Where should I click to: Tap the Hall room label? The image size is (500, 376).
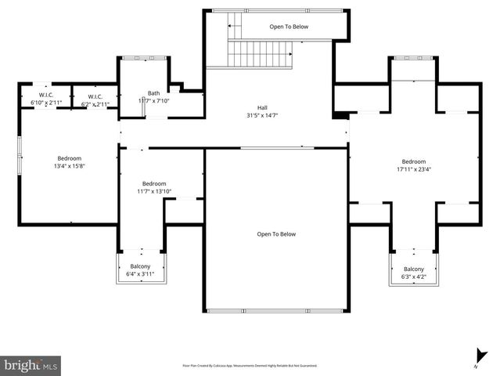(264, 107)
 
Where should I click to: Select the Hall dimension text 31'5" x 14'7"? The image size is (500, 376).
(264, 115)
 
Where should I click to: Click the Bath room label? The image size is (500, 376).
(153, 93)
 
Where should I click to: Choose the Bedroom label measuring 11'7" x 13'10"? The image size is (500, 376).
(153, 183)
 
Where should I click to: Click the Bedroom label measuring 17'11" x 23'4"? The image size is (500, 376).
(413, 161)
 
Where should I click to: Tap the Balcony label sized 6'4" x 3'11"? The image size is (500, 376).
(141, 266)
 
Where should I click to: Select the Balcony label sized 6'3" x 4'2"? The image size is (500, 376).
(413, 268)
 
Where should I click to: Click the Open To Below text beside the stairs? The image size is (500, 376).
(289, 27)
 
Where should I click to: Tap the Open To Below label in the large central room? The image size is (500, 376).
(276, 233)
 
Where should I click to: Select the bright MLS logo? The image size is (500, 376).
(31, 364)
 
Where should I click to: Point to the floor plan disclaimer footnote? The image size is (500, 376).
(250, 365)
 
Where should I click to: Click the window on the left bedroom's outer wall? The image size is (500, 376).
(20, 148)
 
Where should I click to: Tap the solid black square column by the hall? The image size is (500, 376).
(340, 117)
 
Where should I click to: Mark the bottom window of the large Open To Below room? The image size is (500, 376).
(276, 311)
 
